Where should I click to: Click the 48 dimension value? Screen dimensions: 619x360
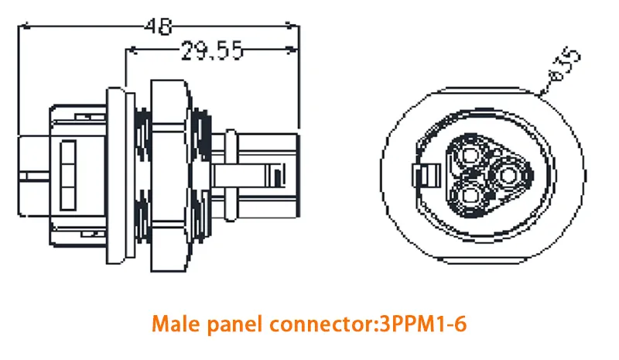pyautogui.click(x=159, y=26)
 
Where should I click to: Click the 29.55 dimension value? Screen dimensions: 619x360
pyautogui.click(x=211, y=50)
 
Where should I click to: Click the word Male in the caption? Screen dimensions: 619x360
pyautogui.click(x=176, y=324)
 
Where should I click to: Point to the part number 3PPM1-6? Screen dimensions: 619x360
pyautogui.click(x=422, y=324)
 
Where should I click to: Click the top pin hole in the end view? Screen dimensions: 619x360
pyautogui.click(x=470, y=155)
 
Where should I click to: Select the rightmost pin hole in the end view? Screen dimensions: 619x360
pyautogui.click(x=508, y=175)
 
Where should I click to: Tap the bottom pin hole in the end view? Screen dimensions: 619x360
pyautogui.click(x=470, y=197)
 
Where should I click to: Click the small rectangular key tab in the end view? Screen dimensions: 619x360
pyautogui.click(x=426, y=176)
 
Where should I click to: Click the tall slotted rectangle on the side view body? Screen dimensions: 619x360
pyautogui.click(x=67, y=175)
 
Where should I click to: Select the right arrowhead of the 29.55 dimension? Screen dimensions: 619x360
pyautogui.click(x=292, y=50)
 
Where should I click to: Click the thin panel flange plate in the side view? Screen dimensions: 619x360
pyautogui.click(x=116, y=176)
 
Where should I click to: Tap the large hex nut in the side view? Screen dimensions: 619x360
pyautogui.click(x=169, y=176)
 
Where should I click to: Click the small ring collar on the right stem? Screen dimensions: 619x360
pyautogui.click(x=231, y=175)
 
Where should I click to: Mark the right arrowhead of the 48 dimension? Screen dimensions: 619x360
pyautogui.click(x=293, y=27)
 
